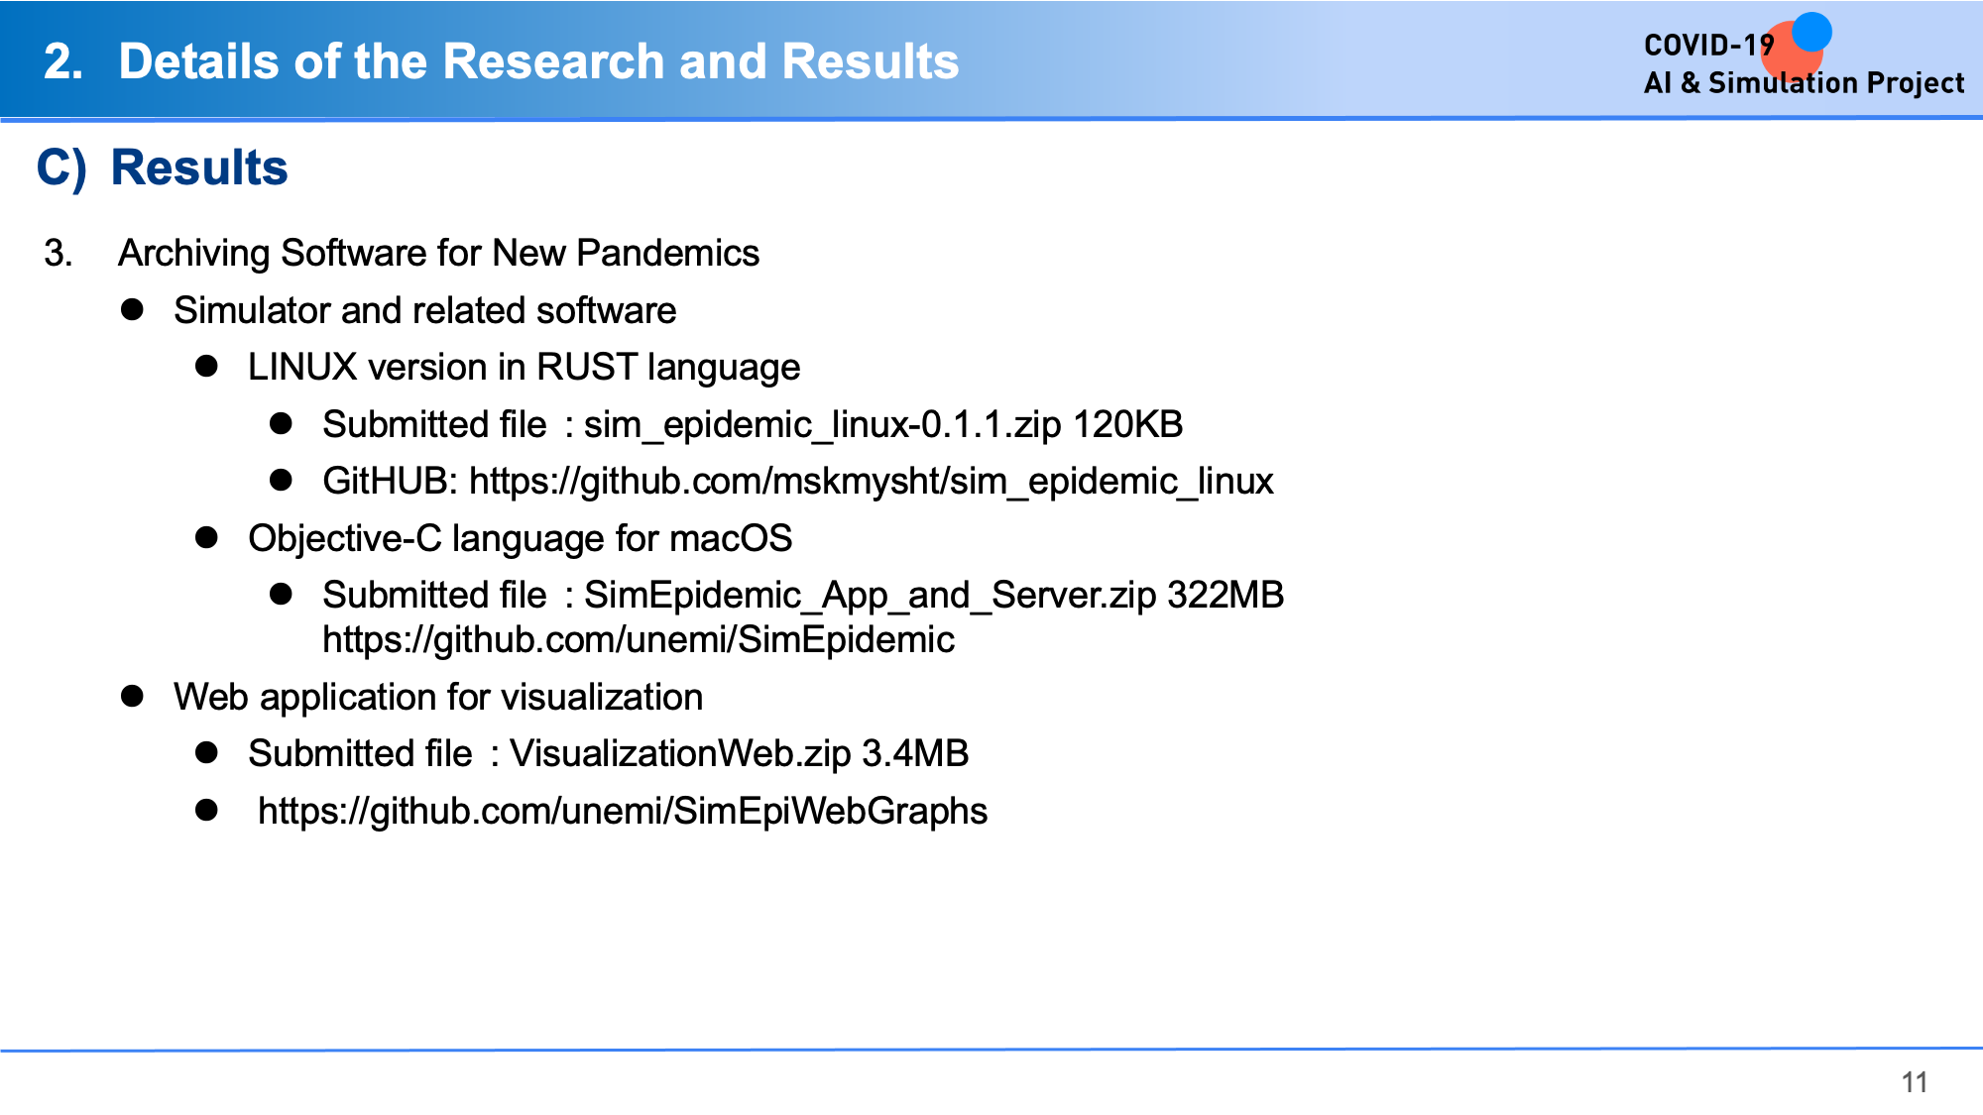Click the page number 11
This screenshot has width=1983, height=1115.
pos(1915,1082)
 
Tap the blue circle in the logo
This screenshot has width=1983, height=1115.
pos(1811,32)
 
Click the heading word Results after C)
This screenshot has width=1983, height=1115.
pos(199,167)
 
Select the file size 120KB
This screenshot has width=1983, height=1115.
pos(1128,424)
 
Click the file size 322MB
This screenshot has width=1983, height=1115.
pos(1225,595)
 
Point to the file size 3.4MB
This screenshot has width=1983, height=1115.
pos(915,753)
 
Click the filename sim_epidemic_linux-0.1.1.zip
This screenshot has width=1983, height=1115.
pos(823,425)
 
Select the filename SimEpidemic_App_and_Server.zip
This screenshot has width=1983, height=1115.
pos(871,596)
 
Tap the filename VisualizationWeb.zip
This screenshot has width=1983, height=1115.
pos(680,754)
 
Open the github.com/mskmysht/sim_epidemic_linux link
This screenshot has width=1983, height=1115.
pos(872,482)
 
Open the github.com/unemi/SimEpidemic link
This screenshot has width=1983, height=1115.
pos(639,640)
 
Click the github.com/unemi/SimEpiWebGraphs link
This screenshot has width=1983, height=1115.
pos(623,812)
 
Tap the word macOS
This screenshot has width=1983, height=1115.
pos(731,538)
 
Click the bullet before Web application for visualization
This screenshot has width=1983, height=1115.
pos(132,696)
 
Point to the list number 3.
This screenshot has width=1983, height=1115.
pos(58,253)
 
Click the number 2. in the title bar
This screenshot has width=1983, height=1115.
pos(63,61)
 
